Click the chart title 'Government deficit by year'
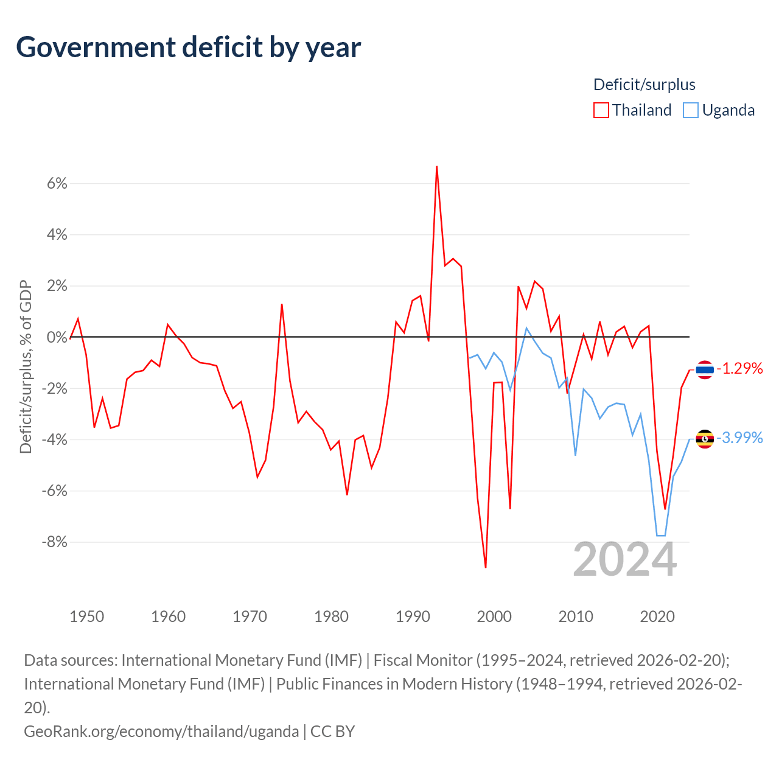(188, 47)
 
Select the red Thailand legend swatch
(601, 110)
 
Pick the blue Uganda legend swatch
(691, 110)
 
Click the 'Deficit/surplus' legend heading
(644, 85)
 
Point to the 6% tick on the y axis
(57, 184)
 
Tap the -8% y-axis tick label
(55, 542)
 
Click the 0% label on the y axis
(57, 337)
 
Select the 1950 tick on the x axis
(87, 617)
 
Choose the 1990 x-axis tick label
(413, 617)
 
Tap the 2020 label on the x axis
(657, 617)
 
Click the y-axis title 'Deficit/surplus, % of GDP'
(26, 366)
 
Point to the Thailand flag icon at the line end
(705, 369)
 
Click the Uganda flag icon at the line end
(705, 439)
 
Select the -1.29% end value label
(739, 368)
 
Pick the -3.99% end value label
(739, 438)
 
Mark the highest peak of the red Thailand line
(436, 167)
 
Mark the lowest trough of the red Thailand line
(486, 567)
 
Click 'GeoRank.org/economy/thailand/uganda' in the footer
(161, 732)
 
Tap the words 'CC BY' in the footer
(332, 732)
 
